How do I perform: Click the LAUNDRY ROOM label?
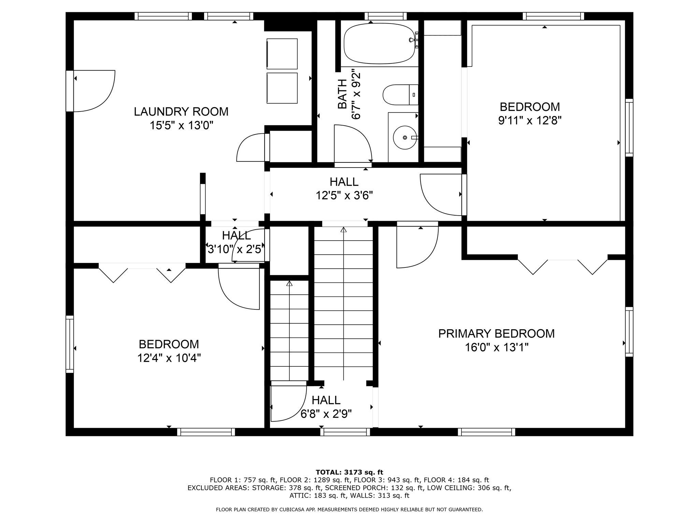click(181, 112)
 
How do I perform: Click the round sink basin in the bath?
click(405, 137)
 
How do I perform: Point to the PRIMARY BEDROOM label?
click(496, 333)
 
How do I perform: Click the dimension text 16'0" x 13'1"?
click(496, 348)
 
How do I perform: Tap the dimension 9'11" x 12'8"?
click(530, 121)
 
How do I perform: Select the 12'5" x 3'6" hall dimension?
click(344, 195)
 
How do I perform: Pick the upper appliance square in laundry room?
click(282, 54)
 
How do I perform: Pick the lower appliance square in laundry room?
click(282, 88)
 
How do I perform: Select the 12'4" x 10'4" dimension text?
click(169, 358)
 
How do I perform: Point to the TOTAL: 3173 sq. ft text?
click(349, 472)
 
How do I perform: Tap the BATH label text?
click(342, 94)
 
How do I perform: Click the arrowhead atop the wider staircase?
click(343, 230)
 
